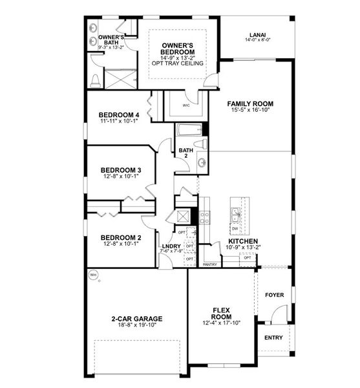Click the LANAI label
coord(259,35)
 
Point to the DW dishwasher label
coord(235,228)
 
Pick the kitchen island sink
coord(235,215)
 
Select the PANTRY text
coord(209,264)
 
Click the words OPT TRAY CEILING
coord(177,63)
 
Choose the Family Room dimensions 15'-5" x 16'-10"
coord(250,111)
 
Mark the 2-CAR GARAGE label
coord(136,318)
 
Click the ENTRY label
coord(274,338)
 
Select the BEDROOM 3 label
coord(121,171)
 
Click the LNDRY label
coord(171,246)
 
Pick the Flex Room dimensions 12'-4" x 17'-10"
coord(221,323)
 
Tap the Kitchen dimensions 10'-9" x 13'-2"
coord(244,246)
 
